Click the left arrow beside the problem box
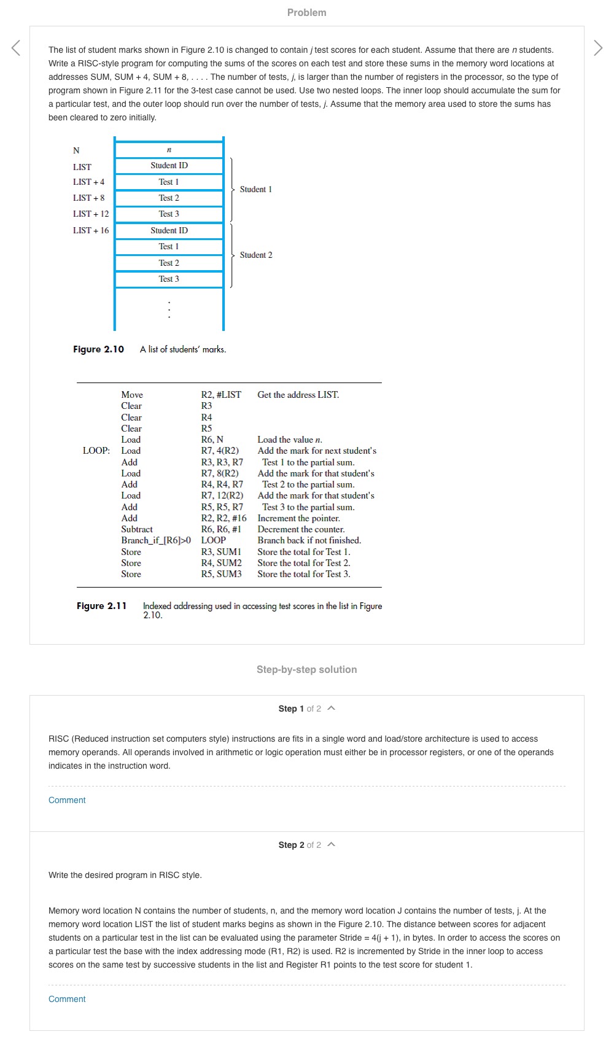[16, 48]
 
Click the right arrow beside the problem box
[598, 48]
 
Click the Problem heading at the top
[306, 12]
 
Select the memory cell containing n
[169, 150]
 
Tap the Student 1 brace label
[255, 189]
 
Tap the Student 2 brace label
[255, 255]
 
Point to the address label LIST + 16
[91, 230]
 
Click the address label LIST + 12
[91, 214]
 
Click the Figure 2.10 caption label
[98, 349]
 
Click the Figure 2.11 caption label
[101, 606]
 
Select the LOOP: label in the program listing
[96, 451]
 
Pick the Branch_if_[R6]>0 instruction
[156, 540]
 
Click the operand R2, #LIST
[221, 395]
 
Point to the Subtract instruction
[137, 529]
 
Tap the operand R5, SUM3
[221, 574]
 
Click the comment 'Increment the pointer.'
[298, 518]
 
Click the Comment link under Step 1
[67, 800]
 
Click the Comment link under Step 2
[67, 999]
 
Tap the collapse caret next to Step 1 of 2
[332, 709]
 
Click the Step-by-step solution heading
[306, 669]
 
